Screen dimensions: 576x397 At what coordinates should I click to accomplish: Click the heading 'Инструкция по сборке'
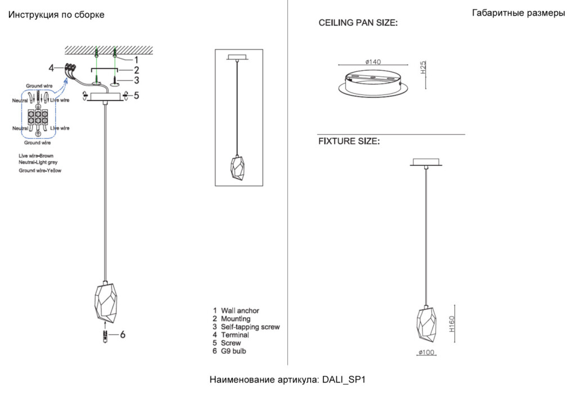tap(56, 15)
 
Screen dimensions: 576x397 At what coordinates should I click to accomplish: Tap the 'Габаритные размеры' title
tap(518, 13)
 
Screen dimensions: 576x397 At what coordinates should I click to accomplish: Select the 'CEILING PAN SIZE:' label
tap(358, 22)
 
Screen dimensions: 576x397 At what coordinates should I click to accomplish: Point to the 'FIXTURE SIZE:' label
tap(349, 141)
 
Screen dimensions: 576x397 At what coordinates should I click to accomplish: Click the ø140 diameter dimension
tap(373, 62)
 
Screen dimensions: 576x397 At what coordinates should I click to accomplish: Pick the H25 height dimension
tap(423, 67)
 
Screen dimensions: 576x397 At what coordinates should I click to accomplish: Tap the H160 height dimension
tap(452, 324)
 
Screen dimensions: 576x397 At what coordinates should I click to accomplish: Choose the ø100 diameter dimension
tap(426, 352)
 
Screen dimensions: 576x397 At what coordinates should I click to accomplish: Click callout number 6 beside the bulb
tap(123, 334)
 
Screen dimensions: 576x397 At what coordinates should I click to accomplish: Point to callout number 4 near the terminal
tap(51, 68)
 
